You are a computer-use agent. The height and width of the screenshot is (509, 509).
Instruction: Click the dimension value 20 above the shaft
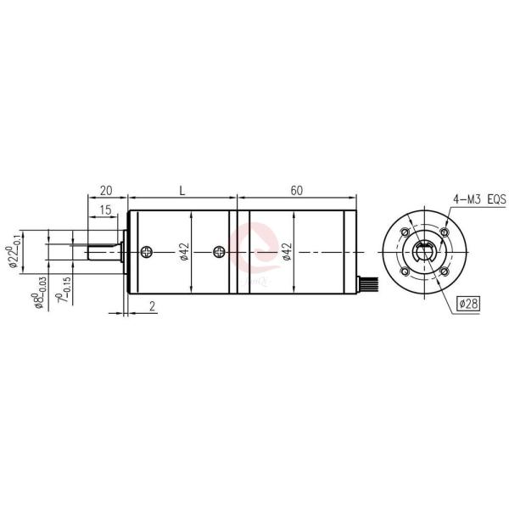coord(107,191)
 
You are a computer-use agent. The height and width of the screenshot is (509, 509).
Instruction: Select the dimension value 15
coord(106,209)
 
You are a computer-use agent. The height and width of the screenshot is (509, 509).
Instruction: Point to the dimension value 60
coord(296,191)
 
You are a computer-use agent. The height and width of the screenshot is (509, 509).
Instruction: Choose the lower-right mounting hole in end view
coord(443,271)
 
